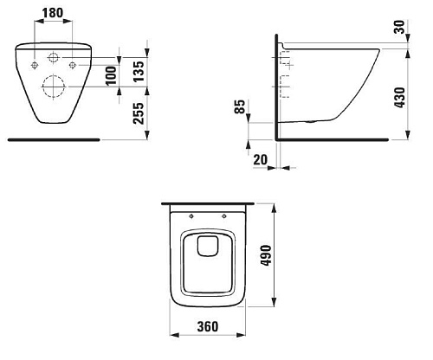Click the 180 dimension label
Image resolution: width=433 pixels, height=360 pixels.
click(x=53, y=13)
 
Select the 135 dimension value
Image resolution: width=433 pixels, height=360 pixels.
click(x=139, y=71)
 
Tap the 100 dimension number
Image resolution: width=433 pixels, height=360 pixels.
click(x=111, y=75)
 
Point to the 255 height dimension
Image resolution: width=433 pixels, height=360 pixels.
click(x=139, y=113)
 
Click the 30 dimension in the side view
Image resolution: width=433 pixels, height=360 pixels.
click(x=400, y=27)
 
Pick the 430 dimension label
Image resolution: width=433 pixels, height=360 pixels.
click(x=400, y=98)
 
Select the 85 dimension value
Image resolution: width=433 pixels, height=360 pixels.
click(x=240, y=106)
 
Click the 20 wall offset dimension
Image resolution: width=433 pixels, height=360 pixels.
click(x=261, y=159)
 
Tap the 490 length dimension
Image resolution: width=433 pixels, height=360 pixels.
click(x=266, y=255)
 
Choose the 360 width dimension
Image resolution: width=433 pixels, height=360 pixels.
click(x=208, y=326)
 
